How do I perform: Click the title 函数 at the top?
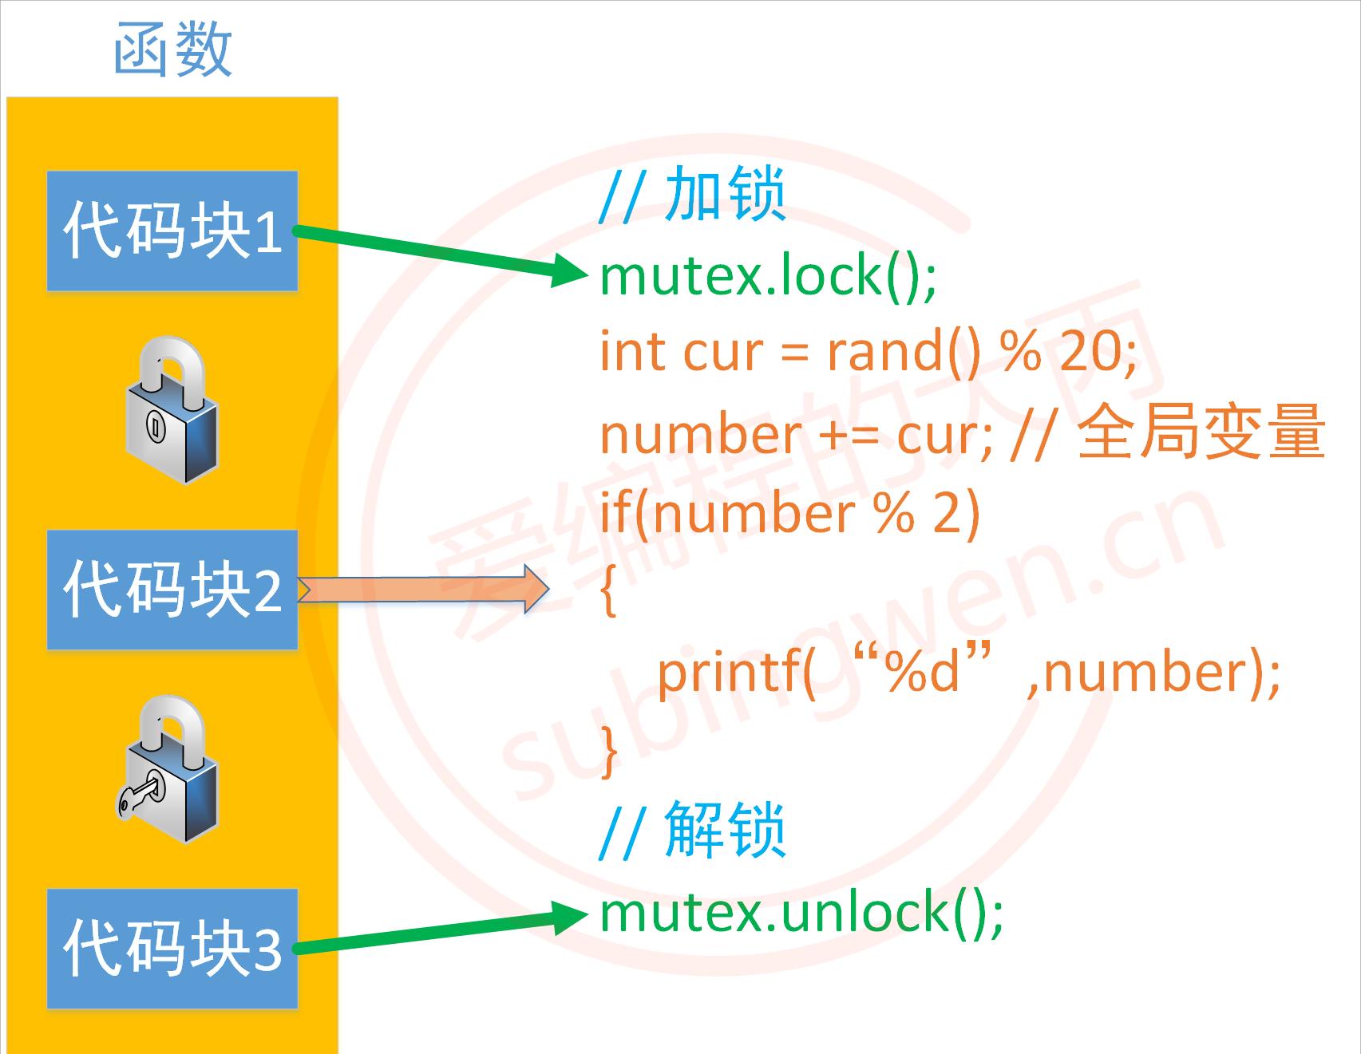click(172, 49)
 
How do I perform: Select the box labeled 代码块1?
click(172, 231)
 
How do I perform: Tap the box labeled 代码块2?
click(172, 589)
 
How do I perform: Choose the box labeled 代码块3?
click(172, 948)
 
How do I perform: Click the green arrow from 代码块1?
click(439, 251)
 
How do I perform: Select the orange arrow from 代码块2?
click(424, 590)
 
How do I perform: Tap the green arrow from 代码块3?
click(439, 932)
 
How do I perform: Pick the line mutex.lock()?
click(768, 275)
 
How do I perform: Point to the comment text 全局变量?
click(1201, 433)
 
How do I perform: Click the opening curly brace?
click(608, 590)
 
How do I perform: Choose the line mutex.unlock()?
click(801, 912)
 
